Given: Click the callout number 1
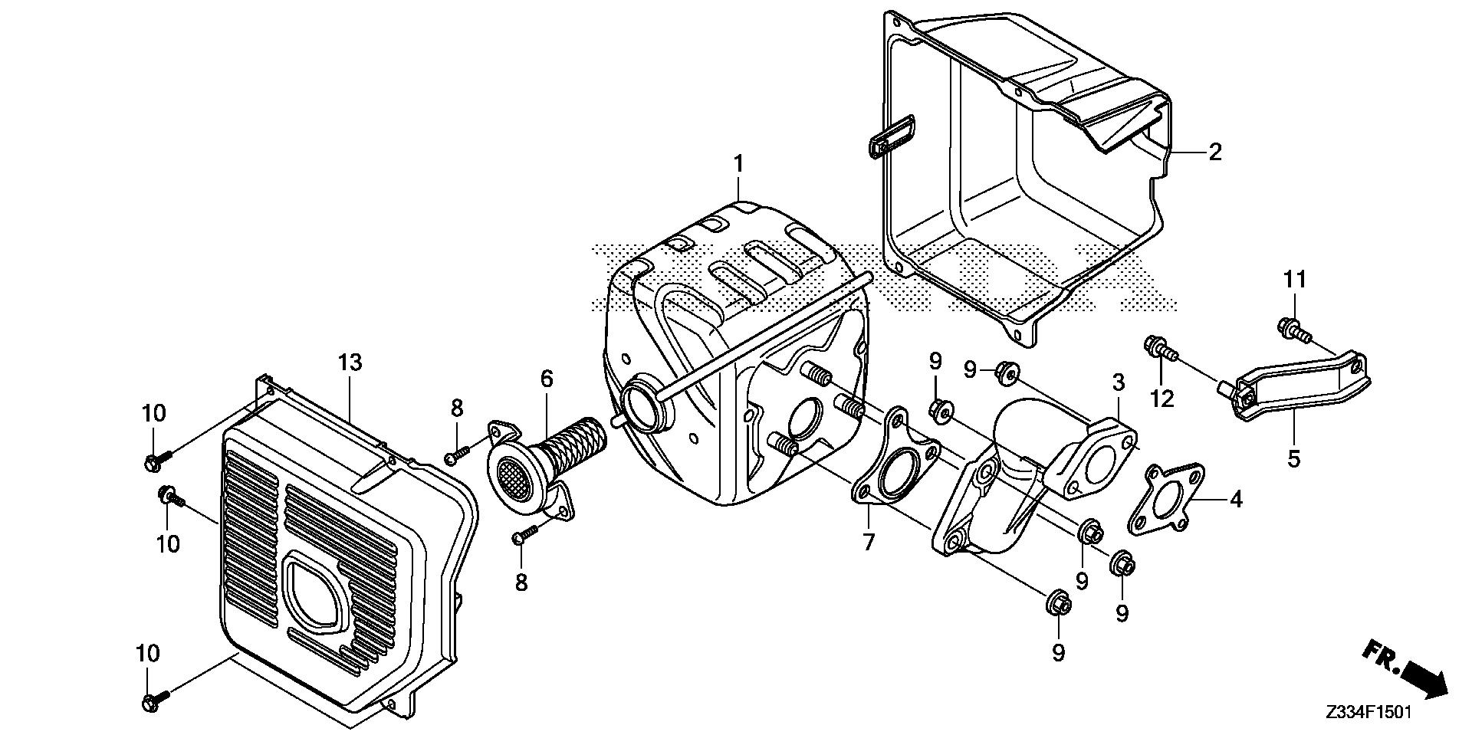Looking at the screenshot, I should (738, 163).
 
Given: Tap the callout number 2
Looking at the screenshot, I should (1214, 152).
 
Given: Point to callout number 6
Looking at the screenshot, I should (546, 379).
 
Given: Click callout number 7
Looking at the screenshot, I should (868, 543).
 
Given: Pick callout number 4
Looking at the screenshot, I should (1235, 500).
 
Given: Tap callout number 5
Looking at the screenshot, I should (1294, 459).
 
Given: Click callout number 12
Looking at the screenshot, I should (1162, 399).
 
